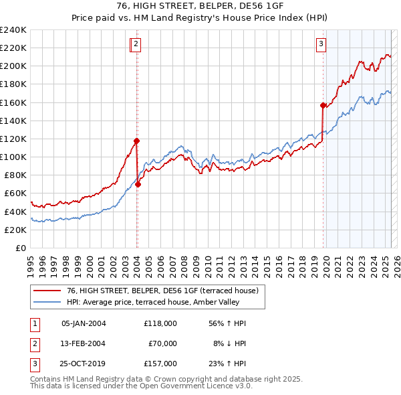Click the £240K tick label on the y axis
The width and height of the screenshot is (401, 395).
tap(13, 29)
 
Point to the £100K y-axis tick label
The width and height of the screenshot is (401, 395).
tap(13, 157)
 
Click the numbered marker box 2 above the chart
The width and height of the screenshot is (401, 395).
tap(136, 45)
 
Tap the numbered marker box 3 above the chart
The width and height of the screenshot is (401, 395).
tap(321, 45)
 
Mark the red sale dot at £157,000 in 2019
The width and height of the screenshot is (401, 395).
tap(323, 105)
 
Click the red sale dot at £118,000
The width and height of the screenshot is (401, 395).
tap(136, 141)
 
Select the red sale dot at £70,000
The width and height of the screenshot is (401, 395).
tap(138, 184)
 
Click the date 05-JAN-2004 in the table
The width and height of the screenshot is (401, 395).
tap(83, 323)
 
